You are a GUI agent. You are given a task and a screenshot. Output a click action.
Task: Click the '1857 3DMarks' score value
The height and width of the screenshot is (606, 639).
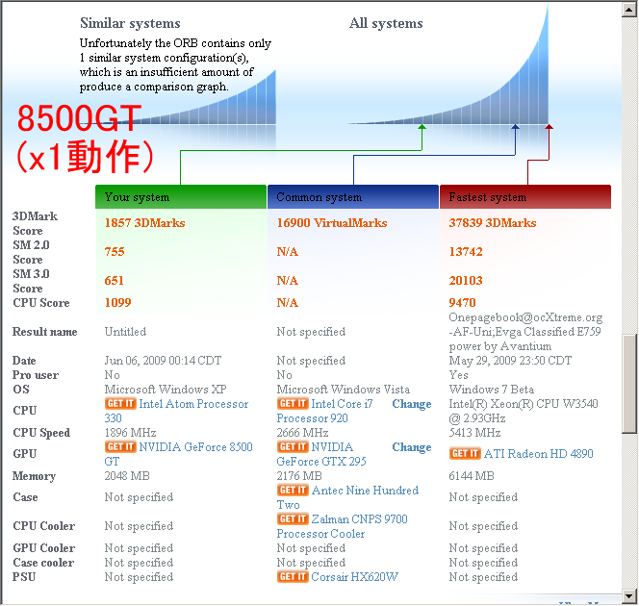tap(144, 223)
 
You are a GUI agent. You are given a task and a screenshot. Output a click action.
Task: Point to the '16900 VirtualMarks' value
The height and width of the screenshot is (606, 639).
tap(331, 223)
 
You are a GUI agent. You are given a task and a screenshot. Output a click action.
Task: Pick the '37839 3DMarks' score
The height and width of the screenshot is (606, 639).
tap(493, 223)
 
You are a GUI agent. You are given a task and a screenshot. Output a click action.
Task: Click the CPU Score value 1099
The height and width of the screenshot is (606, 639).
tap(119, 302)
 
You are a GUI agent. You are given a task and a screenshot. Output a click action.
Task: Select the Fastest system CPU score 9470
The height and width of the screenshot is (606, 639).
tap(462, 302)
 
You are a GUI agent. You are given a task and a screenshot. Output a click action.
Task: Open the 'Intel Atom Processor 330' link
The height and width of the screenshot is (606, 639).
tap(192, 404)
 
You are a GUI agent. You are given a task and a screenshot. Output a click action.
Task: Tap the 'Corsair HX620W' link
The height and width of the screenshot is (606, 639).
tap(353, 577)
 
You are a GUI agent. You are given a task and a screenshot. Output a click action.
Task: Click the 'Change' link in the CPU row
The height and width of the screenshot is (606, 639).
tap(411, 404)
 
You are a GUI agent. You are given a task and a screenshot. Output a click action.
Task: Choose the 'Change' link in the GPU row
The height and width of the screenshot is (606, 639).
tap(411, 447)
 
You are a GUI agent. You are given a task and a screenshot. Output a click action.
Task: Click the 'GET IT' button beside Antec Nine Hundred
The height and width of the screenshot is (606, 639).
tap(292, 491)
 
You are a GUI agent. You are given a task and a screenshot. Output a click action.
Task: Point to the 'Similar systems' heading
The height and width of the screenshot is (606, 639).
tap(130, 23)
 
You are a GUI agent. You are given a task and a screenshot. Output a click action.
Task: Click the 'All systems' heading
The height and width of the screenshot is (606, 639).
tap(385, 23)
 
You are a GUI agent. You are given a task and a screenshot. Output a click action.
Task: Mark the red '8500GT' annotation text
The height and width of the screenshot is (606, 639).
tap(80, 119)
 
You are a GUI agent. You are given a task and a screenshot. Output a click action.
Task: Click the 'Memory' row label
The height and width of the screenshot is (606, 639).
tap(34, 476)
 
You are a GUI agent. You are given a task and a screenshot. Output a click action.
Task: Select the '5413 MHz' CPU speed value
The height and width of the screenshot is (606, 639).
tap(475, 433)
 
